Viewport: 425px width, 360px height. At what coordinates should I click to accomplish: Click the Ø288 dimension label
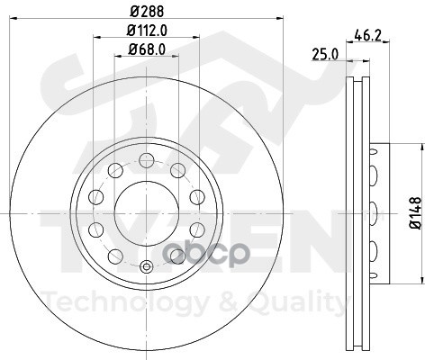147,12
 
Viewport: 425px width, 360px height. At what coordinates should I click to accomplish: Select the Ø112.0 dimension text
147,31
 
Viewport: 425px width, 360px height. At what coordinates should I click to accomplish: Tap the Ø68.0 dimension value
147,49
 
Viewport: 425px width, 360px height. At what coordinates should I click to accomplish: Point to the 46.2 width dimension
367,35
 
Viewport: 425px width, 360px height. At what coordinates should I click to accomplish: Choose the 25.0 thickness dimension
325,54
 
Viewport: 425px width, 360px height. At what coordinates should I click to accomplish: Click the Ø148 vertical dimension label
416,213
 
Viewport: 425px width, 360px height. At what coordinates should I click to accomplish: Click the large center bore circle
147,213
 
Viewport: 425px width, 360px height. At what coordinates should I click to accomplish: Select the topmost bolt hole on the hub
147,160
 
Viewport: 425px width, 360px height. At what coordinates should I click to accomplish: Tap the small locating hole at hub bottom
147,266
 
